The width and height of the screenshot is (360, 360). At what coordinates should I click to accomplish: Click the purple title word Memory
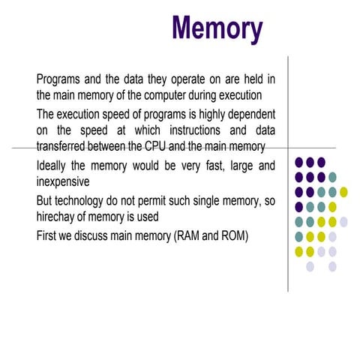coord(217,29)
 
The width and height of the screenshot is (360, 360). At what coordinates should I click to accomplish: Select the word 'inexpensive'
coord(63,182)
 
